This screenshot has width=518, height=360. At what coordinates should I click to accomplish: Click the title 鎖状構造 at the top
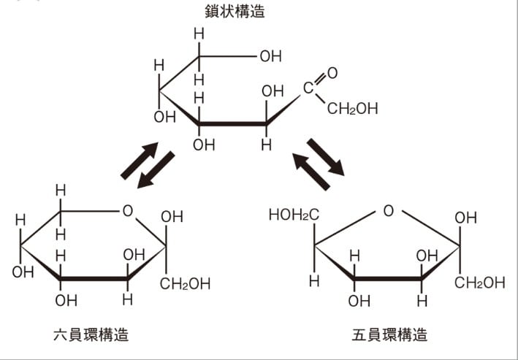tap(235, 11)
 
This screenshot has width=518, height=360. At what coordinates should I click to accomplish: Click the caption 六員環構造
tap(91, 334)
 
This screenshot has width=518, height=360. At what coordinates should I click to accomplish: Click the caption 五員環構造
tap(389, 334)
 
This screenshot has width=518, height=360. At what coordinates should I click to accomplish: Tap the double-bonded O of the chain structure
tap(332, 73)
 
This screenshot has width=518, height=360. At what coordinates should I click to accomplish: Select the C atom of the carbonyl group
tap(308, 88)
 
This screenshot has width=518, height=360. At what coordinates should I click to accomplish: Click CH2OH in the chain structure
tap(352, 108)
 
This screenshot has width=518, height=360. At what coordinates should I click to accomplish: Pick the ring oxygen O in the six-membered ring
tap(128, 211)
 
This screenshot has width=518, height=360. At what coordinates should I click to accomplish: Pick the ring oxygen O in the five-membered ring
tap(389, 211)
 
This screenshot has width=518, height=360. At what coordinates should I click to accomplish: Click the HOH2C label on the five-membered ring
tap(294, 215)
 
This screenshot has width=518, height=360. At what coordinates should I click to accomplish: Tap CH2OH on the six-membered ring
tap(185, 284)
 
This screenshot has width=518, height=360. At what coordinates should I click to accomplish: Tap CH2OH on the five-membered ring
tap(480, 283)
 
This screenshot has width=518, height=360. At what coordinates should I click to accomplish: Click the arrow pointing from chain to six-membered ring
tap(156, 169)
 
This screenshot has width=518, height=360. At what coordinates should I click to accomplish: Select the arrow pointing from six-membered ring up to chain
tap(140, 161)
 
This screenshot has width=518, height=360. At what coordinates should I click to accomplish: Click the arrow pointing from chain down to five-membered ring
tap(326, 157)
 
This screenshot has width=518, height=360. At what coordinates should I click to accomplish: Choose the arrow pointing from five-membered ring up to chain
tap(311, 172)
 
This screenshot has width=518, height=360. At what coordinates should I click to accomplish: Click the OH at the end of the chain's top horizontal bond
tap(271, 56)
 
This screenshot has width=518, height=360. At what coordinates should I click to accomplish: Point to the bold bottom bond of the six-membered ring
tap(94, 279)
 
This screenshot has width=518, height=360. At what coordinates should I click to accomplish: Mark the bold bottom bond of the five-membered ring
tap(388, 279)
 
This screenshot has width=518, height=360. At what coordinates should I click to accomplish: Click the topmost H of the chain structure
tap(199, 34)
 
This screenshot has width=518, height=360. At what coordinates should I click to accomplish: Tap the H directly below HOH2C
tap(314, 281)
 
